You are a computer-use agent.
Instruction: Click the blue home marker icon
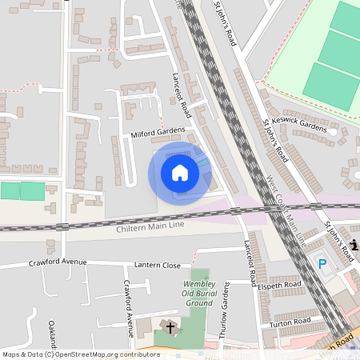[180, 173]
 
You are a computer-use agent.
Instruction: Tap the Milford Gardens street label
[158, 132]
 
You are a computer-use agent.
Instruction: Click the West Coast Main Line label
[286, 210]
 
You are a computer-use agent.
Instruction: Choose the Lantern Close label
[157, 265]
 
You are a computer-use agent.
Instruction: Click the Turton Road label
[290, 322]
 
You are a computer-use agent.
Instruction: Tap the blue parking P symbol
[322, 263]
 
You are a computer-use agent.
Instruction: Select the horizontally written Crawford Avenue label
[58, 262]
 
